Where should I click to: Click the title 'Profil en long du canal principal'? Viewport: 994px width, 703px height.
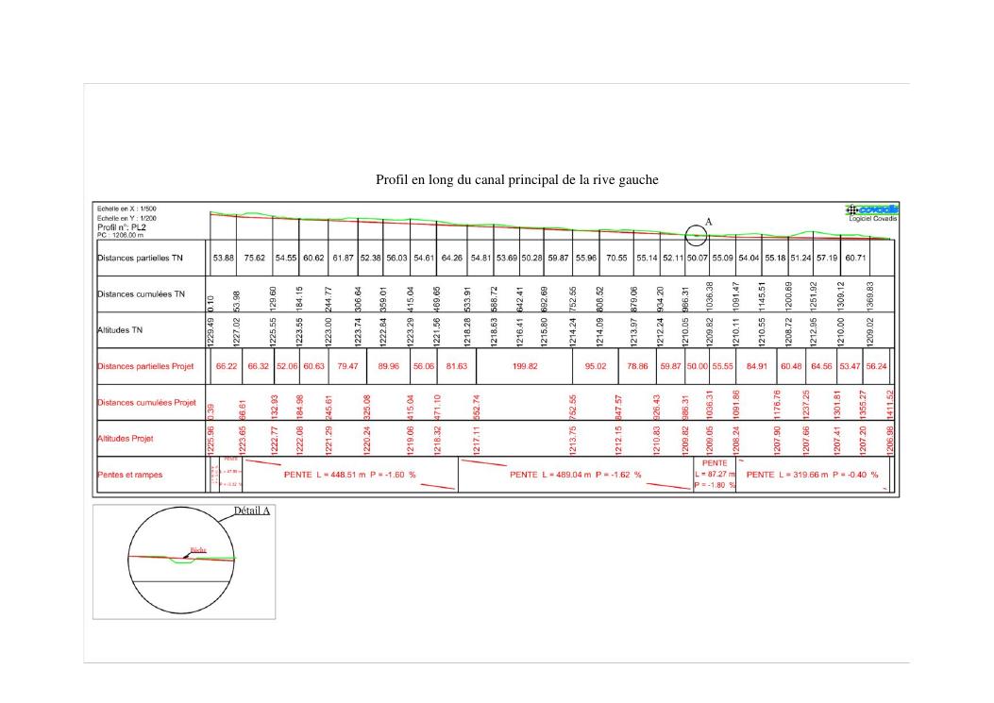pyautogui.click(x=516, y=179)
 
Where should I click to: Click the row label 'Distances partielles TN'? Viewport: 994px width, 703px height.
pyautogui.click(x=140, y=257)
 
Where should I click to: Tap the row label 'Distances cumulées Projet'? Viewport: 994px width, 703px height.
pyautogui.click(x=145, y=403)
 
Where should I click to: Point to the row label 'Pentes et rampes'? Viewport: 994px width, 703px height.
pyautogui.click(x=129, y=475)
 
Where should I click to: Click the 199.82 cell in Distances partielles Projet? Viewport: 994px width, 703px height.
pyautogui.click(x=525, y=366)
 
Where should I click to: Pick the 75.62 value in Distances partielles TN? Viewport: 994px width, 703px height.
pyautogui.click(x=255, y=257)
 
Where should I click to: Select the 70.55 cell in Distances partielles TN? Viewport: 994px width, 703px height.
pyautogui.click(x=616, y=257)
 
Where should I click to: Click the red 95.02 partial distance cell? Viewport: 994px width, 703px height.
pyautogui.click(x=596, y=366)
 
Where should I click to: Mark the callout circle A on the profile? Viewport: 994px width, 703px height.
pyautogui.click(x=696, y=236)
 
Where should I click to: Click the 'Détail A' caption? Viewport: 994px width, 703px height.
pyautogui.click(x=252, y=511)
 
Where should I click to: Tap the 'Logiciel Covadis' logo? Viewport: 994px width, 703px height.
pyautogui.click(x=873, y=212)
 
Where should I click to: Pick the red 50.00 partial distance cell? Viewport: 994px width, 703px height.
pyautogui.click(x=696, y=366)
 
